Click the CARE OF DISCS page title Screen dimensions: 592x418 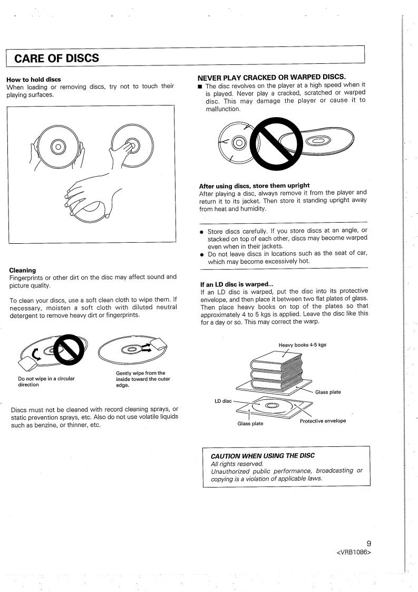(57, 58)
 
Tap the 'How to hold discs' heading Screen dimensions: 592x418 (33, 80)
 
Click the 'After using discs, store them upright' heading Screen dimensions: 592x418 (254, 186)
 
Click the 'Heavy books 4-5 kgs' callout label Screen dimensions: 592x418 (302, 345)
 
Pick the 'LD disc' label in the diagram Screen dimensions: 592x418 (223, 401)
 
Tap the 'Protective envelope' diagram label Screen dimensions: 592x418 (323, 421)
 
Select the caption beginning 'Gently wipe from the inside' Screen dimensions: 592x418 (140, 379)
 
